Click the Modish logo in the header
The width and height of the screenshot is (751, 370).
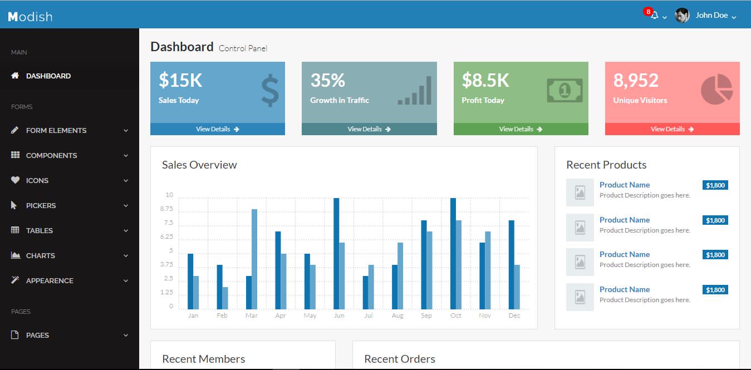[30, 17]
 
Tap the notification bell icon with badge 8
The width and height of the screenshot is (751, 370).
[655, 16]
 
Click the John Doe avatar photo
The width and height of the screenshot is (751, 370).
[682, 16]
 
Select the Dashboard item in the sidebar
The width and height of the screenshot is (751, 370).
[48, 76]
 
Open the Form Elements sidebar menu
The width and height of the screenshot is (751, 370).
[56, 131]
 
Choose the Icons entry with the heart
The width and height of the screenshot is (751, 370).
[37, 181]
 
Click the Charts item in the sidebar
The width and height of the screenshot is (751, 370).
[40, 256]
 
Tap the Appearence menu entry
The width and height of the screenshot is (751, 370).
[49, 281]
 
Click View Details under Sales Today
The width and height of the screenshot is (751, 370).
[217, 129]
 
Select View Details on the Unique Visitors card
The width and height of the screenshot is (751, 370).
[672, 129]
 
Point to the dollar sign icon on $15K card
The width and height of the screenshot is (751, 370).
[269, 91]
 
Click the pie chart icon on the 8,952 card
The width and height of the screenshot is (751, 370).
[716, 89]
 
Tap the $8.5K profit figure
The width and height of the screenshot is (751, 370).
[485, 81]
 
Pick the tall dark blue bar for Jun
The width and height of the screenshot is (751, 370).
[336, 253]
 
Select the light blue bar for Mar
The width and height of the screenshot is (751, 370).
[254, 259]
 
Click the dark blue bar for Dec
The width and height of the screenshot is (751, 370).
[511, 264]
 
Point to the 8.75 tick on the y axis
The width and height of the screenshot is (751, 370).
[166, 209]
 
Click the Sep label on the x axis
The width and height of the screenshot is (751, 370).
[426, 315]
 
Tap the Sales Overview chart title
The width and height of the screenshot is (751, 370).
[199, 165]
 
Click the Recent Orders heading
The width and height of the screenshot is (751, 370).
[400, 359]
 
